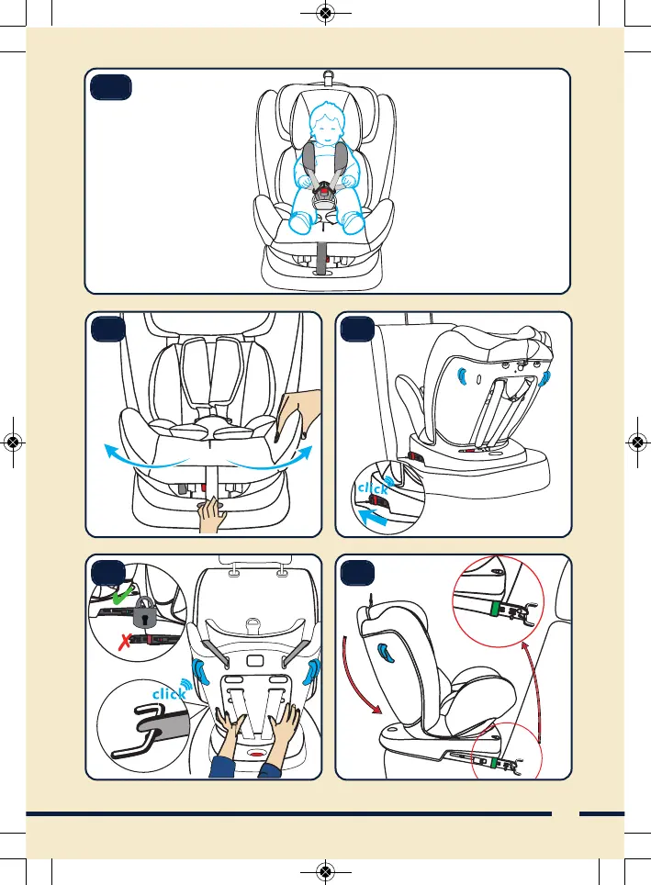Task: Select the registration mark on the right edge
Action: click(x=638, y=441)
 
